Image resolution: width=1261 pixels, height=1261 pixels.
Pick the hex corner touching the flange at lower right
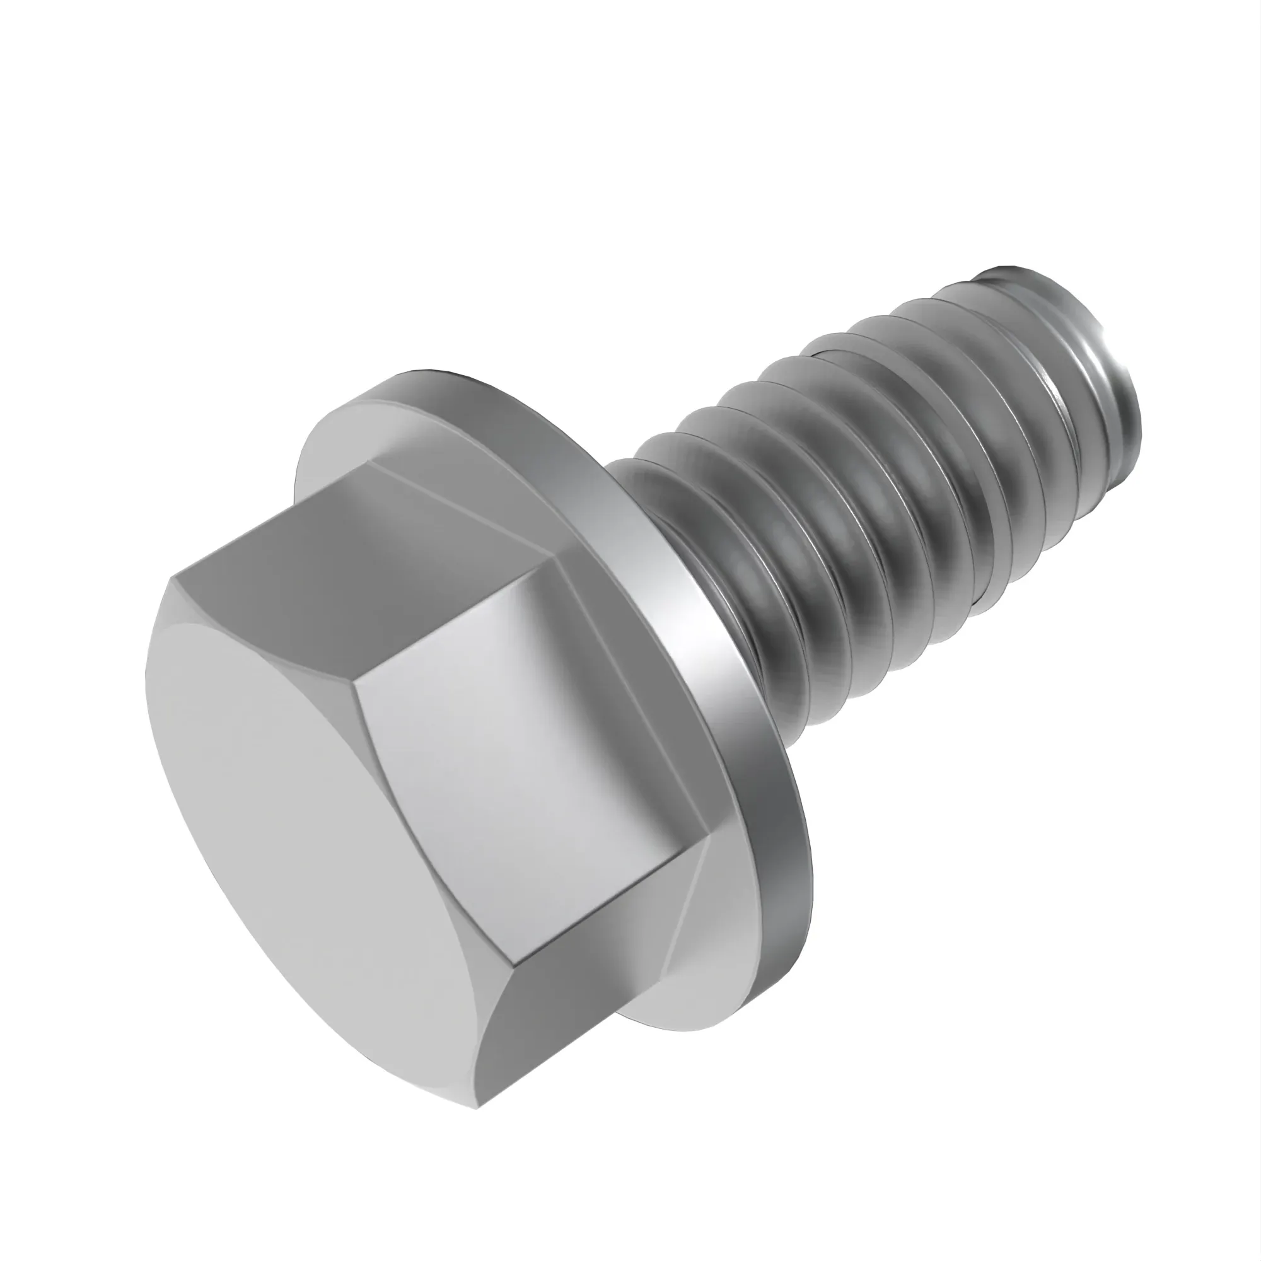point(709,846)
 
